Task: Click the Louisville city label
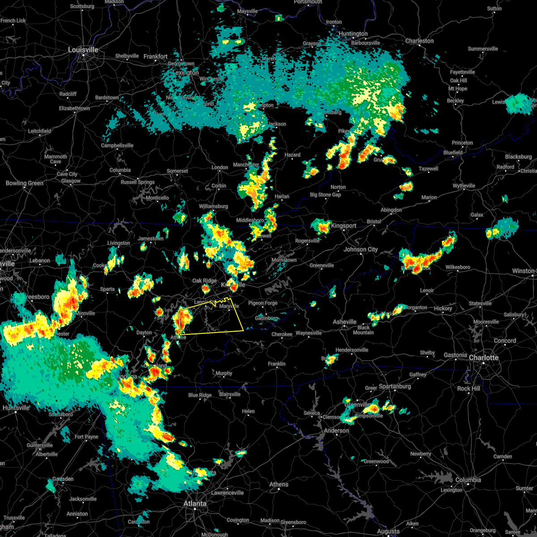pyautogui.click(x=83, y=50)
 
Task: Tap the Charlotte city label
pyautogui.click(x=484, y=358)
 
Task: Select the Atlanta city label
pyautogui.click(x=195, y=503)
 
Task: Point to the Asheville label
pyautogui.click(x=345, y=322)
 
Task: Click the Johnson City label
pyautogui.click(x=361, y=249)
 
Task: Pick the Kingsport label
pyautogui.click(x=344, y=226)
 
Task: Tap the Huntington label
pyautogui.click(x=353, y=34)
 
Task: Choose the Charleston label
pyautogui.click(x=419, y=41)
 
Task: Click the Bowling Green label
pyautogui.click(x=25, y=183)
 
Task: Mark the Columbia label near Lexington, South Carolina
pyautogui.click(x=468, y=480)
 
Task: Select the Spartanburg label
pyautogui.click(x=395, y=386)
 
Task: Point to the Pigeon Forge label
pyautogui.click(x=263, y=303)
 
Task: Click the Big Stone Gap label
pyautogui.click(x=325, y=195)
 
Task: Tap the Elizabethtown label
pyautogui.click(x=74, y=108)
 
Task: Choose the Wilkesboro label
pyautogui.click(x=458, y=267)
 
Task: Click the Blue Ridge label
pyautogui.click(x=200, y=395)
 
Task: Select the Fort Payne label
pyautogui.click(x=86, y=437)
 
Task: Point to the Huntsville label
pyautogui.click(x=16, y=408)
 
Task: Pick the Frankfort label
pyautogui.click(x=155, y=56)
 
